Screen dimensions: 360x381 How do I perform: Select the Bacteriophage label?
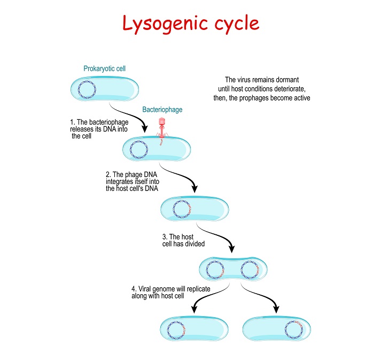click(162, 110)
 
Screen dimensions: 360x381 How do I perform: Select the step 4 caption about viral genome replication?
click(162, 292)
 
